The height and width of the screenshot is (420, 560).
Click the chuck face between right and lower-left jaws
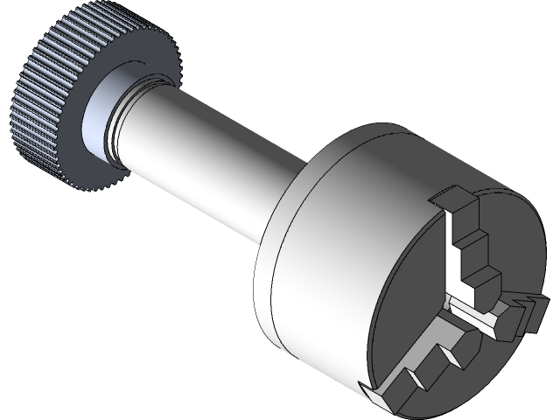pyautogui.click(x=490, y=367)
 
